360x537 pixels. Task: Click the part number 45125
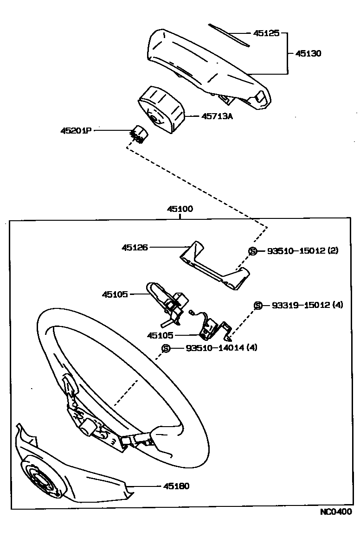tap(266, 33)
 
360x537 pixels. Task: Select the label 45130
tap(309, 53)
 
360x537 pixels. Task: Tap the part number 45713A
tap(217, 116)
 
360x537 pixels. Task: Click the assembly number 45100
tap(180, 209)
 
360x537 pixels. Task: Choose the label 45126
tap(135, 248)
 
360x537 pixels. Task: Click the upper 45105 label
tap(116, 294)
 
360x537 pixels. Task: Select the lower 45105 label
tap(160, 335)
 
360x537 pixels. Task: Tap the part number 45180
tap(176, 486)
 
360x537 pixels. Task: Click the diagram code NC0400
tap(335, 512)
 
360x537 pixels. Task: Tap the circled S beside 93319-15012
tap(258, 305)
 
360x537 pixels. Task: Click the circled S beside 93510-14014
tap(166, 348)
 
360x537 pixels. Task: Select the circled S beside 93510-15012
tap(253, 251)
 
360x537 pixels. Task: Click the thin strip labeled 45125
tap(229, 35)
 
